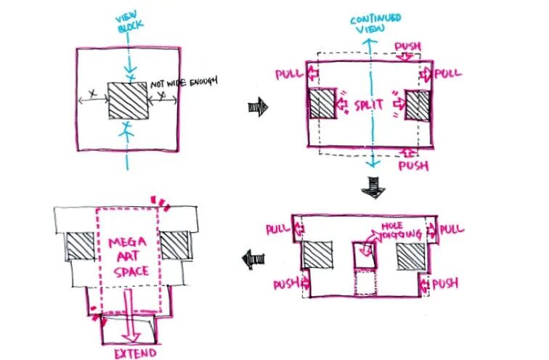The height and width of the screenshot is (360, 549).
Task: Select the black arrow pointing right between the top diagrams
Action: point(258,107)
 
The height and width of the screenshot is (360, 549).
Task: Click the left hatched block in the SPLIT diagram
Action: point(322,104)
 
